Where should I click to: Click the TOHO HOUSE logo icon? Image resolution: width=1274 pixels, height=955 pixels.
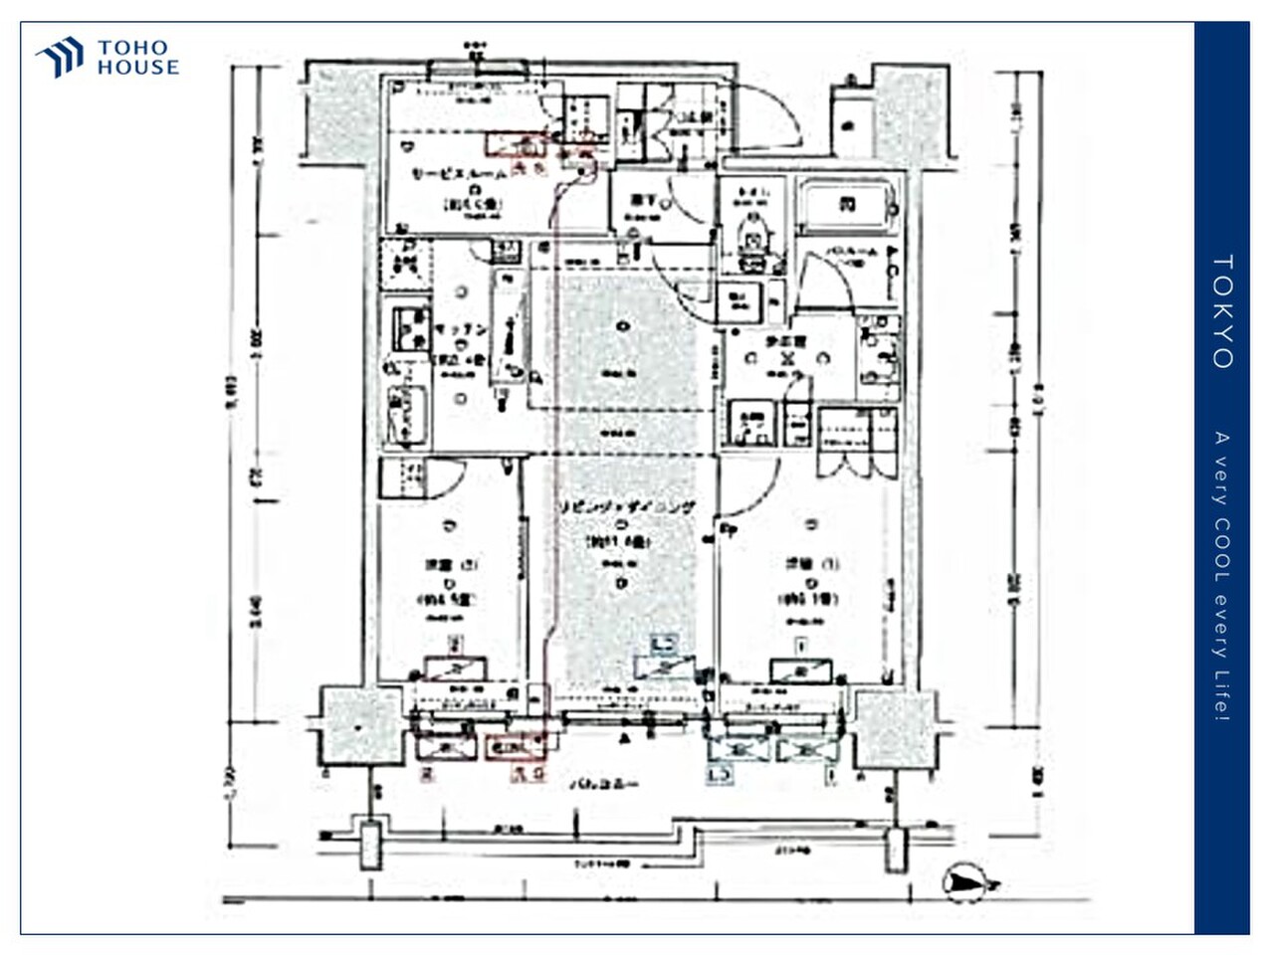(60, 57)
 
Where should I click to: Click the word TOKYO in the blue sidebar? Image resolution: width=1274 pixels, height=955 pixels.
(1222, 311)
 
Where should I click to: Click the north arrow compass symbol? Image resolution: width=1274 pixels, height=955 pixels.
(968, 880)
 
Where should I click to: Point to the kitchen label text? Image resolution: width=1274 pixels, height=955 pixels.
(460, 329)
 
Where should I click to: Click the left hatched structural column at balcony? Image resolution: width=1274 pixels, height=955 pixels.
(359, 725)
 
